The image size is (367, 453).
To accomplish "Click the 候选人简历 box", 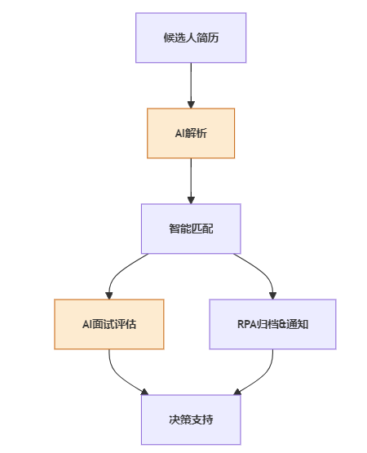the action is pyautogui.click(x=191, y=38).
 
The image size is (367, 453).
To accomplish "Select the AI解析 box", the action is pyautogui.click(x=191, y=133).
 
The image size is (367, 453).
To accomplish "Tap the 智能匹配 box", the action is pyautogui.click(x=191, y=229).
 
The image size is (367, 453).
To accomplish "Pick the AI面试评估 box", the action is pyautogui.click(x=109, y=324).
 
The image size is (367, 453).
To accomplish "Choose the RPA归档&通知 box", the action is pyautogui.click(x=272, y=324).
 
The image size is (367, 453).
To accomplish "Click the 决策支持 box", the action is pyautogui.click(x=191, y=420).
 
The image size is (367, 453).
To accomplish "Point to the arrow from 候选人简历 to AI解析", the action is pyautogui.click(x=191, y=86).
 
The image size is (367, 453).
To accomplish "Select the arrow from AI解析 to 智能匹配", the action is pyautogui.click(x=191, y=181).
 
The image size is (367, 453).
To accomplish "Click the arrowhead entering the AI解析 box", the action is pyautogui.click(x=191, y=104).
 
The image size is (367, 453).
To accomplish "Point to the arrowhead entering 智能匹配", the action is pyautogui.click(x=191, y=200).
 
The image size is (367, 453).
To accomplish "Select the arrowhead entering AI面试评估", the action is pyautogui.click(x=108, y=295).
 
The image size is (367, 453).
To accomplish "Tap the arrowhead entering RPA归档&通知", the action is pyautogui.click(x=273, y=295).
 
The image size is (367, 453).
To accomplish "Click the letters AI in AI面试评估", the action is pyautogui.click(x=87, y=324).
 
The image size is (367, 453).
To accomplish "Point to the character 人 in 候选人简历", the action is pyautogui.click(x=191, y=38).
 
